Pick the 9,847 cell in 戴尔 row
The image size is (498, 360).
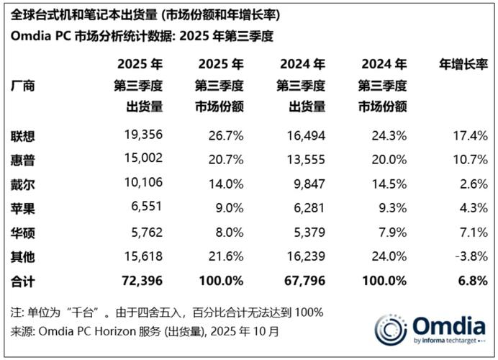click(307, 184)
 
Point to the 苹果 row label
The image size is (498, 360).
click(23, 208)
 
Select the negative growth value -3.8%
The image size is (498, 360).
click(471, 256)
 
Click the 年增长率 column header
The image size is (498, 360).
click(463, 63)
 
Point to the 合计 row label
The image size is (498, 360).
click(23, 279)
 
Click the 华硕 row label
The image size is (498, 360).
click(23, 232)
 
